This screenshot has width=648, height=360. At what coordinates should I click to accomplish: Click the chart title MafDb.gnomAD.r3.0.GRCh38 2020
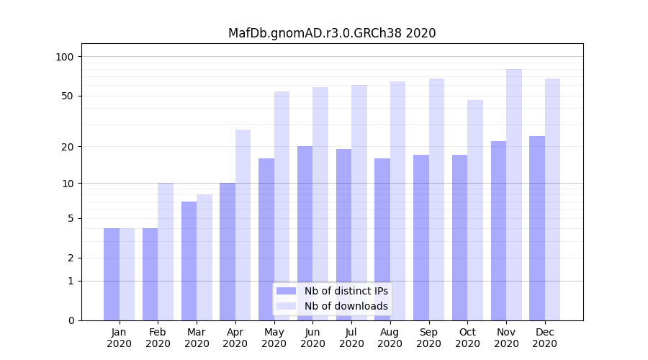pos(331,33)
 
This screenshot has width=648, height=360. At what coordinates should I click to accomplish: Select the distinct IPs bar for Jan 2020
pos(112,274)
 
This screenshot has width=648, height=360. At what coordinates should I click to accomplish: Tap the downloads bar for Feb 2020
pos(166,251)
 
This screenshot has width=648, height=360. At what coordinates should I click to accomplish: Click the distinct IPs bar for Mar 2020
pos(189,261)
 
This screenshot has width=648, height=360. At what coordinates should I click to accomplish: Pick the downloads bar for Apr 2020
pos(243,225)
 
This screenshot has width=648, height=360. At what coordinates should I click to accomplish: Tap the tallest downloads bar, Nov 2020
pos(514,194)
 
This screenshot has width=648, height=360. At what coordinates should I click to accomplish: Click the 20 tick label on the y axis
pos(68,147)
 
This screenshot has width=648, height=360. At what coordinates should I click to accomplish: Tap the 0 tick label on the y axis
pos(71,320)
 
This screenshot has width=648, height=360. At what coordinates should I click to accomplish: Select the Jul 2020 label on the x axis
pos(351,338)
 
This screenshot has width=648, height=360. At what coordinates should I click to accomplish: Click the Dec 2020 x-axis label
pos(544,338)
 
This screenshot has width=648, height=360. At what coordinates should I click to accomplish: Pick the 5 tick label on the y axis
pos(71,218)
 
